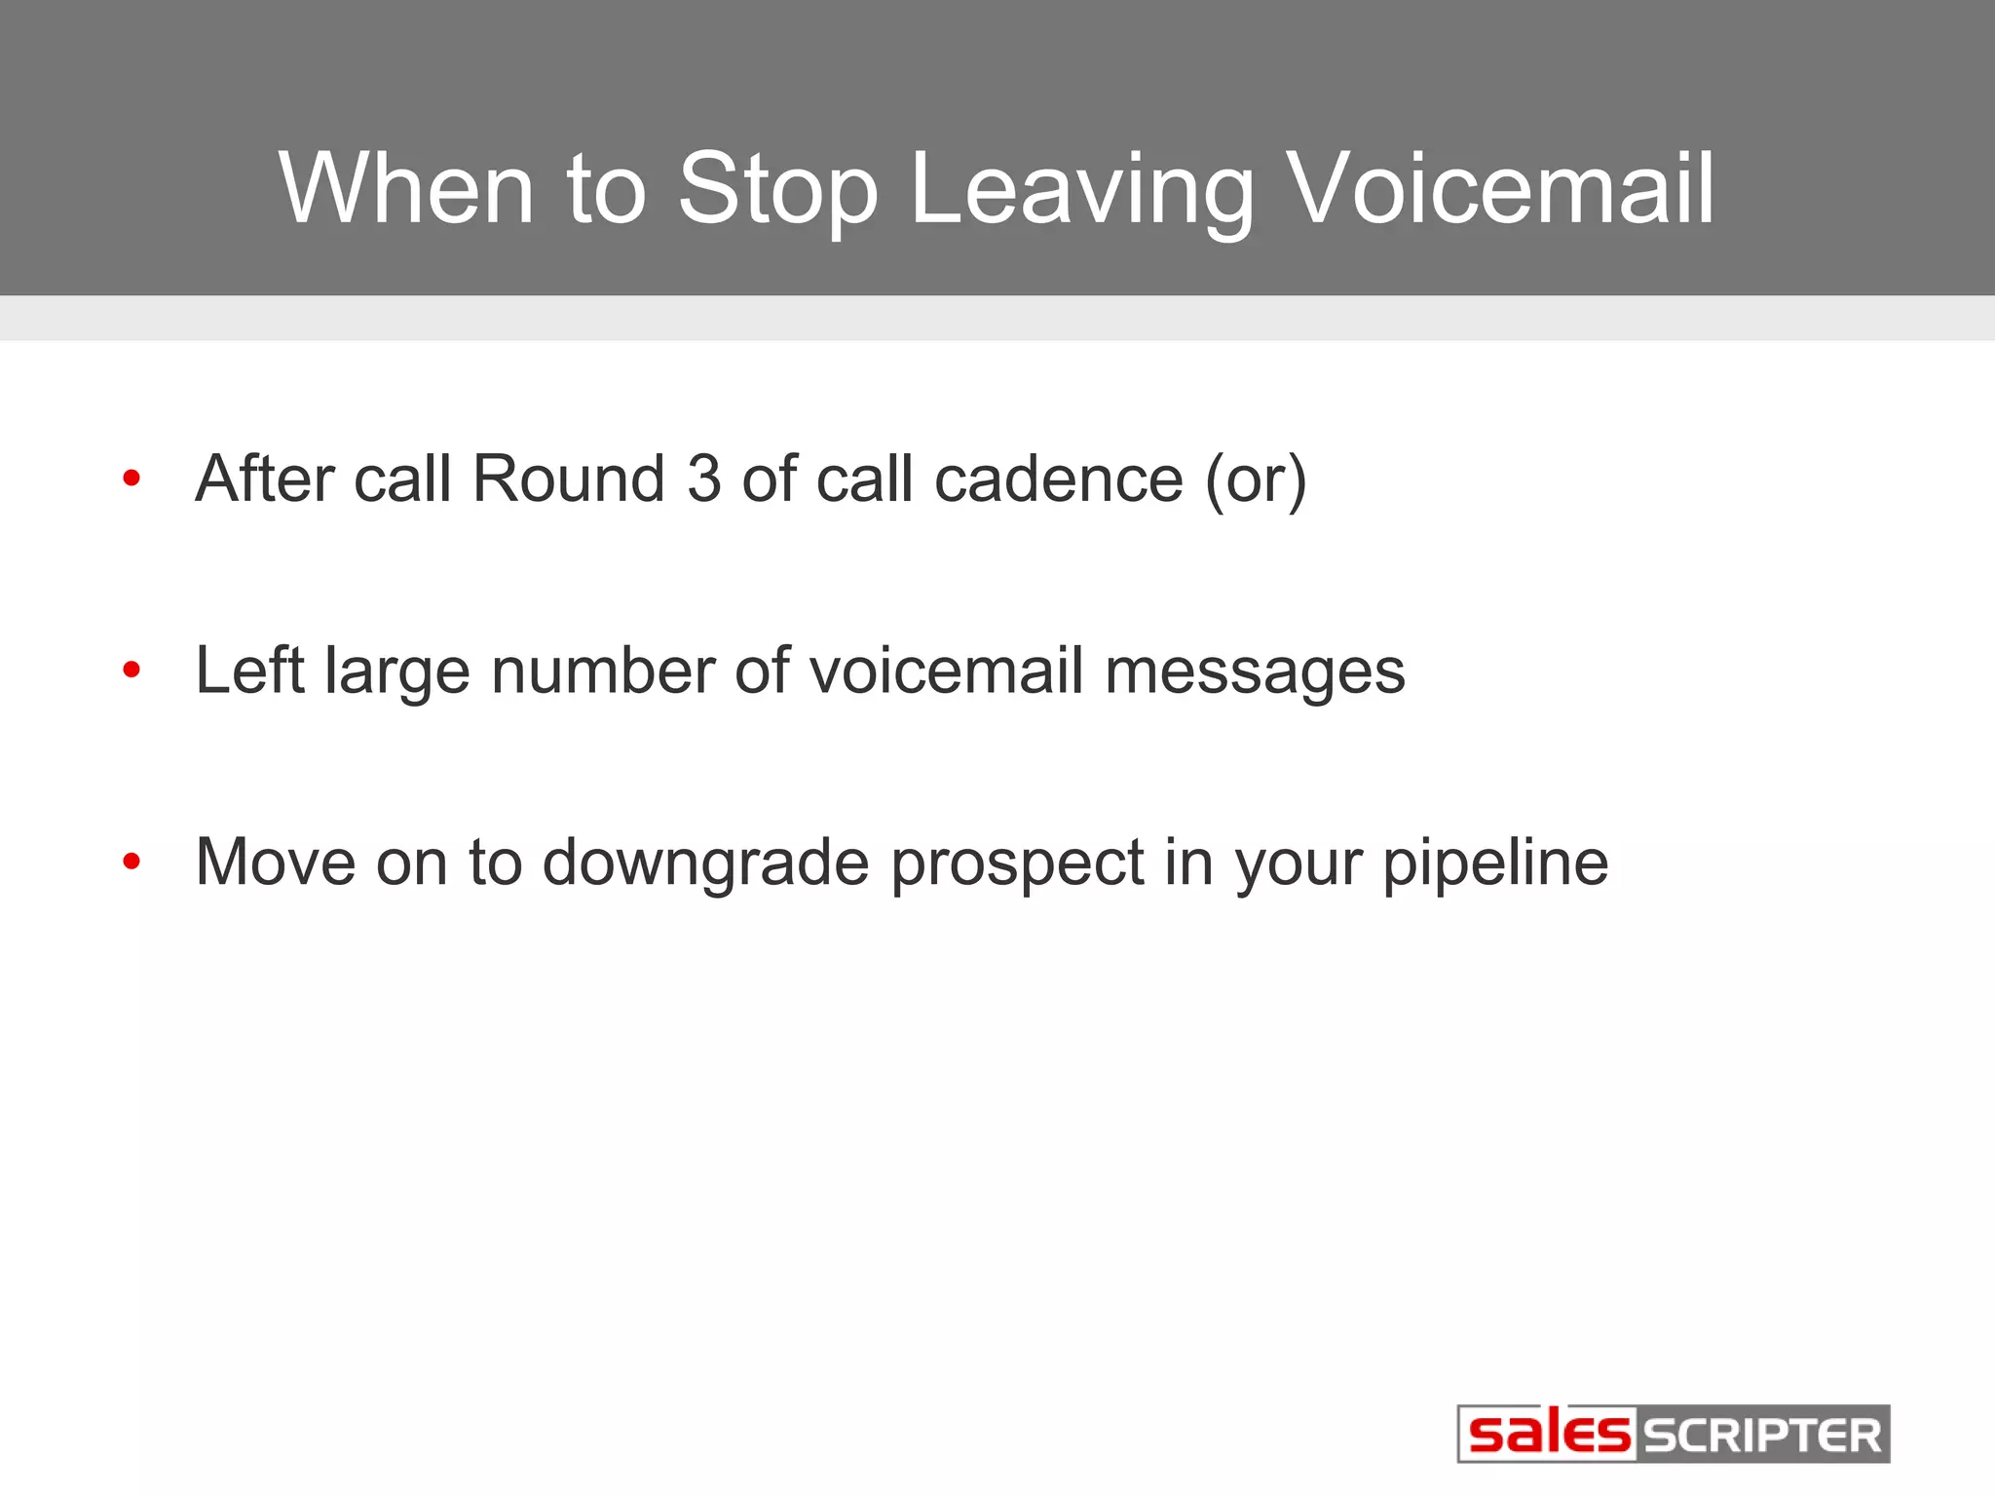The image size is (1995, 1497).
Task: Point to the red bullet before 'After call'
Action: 132,479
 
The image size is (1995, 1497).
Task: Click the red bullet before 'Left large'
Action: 132,670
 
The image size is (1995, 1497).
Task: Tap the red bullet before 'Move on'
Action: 132,862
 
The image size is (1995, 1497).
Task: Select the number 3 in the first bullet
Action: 703,479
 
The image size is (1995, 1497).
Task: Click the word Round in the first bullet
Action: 568,479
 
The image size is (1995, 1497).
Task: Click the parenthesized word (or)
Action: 1255,480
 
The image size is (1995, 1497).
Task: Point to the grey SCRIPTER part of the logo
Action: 1763,1435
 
